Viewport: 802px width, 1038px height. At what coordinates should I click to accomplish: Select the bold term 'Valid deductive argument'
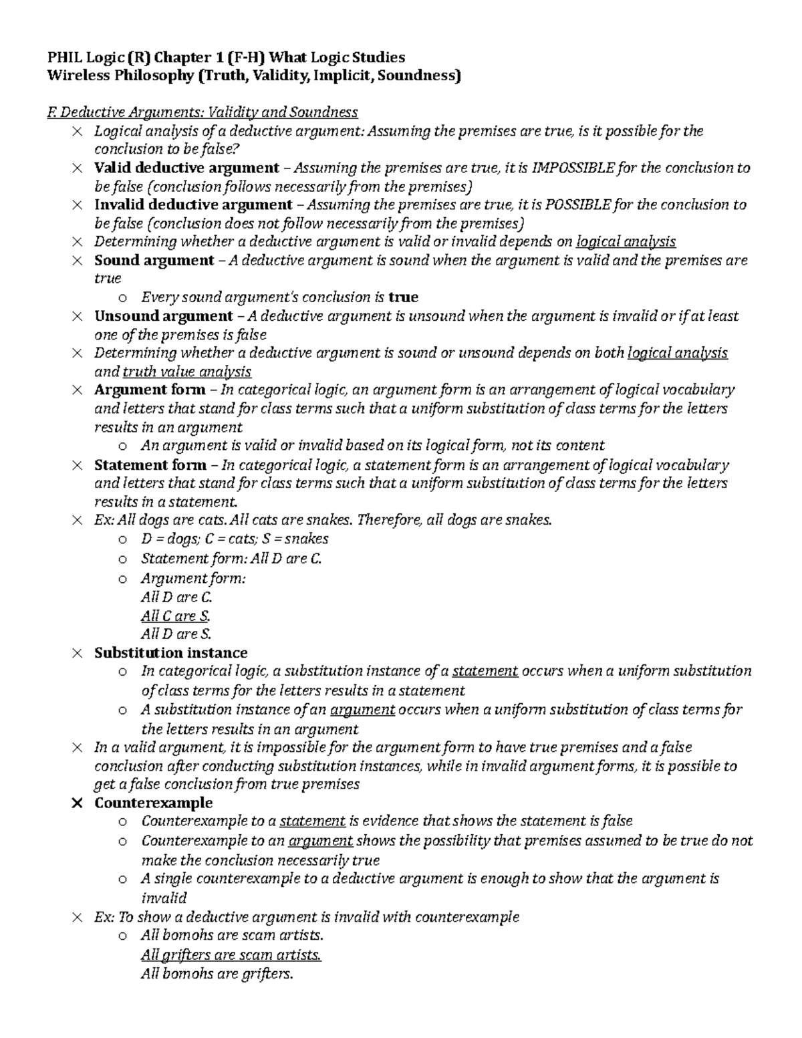(x=186, y=168)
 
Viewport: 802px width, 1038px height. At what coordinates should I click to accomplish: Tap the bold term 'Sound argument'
(x=154, y=260)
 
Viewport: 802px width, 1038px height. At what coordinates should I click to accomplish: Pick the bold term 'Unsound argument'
(x=163, y=315)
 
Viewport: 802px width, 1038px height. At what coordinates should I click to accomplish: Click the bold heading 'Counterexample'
(x=153, y=803)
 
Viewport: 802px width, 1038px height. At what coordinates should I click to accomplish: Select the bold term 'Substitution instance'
(x=170, y=652)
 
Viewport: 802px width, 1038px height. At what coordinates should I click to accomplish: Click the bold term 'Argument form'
(x=150, y=390)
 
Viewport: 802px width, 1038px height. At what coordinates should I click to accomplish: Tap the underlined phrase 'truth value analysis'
(x=186, y=372)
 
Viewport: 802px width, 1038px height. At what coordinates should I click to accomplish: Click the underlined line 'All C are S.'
(x=176, y=616)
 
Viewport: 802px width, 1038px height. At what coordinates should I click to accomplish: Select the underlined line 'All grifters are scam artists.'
(x=231, y=955)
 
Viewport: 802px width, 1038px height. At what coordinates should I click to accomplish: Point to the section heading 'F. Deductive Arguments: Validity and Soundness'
(x=203, y=112)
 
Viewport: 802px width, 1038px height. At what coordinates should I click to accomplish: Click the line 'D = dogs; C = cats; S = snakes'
(x=234, y=539)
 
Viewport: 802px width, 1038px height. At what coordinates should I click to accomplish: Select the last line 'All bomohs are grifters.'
(x=217, y=974)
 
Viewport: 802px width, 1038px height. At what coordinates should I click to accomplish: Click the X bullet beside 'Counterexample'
(x=77, y=803)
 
